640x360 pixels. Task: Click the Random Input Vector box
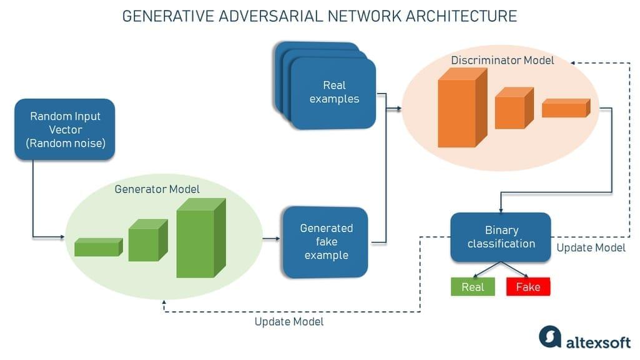(65, 129)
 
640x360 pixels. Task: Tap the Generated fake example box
(326, 241)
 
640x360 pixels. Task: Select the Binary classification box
(501, 237)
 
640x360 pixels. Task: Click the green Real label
(472, 287)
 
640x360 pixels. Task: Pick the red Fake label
(528, 287)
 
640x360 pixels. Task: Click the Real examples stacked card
(333, 92)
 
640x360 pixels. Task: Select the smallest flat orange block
(565, 109)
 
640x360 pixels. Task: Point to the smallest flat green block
(97, 248)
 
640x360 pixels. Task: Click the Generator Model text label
(157, 188)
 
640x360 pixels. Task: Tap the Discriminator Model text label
(503, 61)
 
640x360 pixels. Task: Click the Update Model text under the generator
(289, 322)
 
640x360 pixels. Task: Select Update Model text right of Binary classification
(591, 248)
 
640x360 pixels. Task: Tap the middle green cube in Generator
(146, 241)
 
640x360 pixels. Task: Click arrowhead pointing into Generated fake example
(277, 238)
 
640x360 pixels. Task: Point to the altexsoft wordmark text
(598, 341)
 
